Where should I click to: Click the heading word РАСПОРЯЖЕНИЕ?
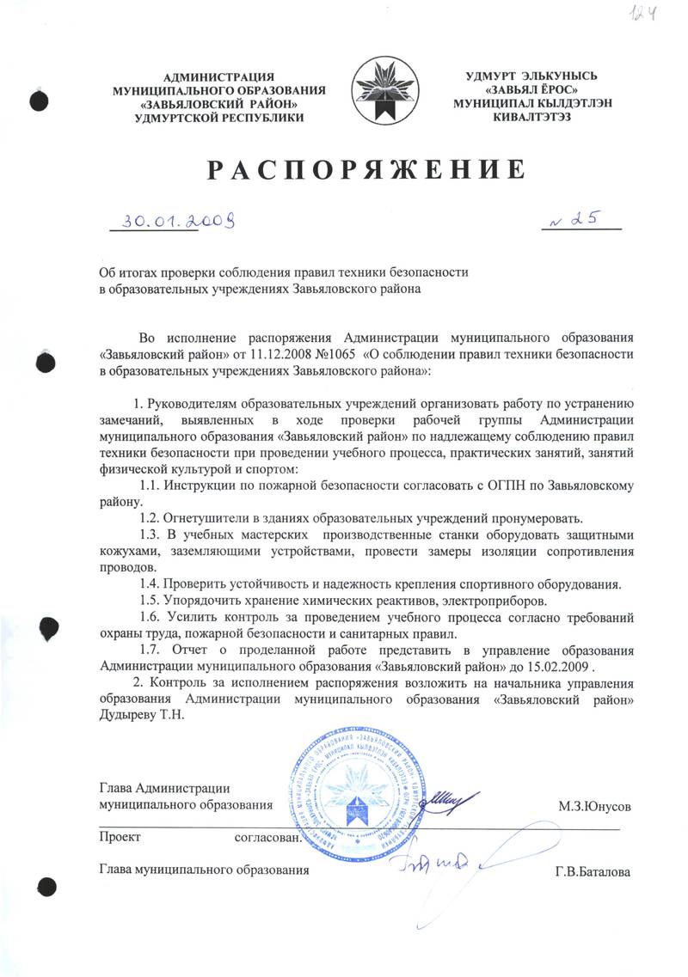(365, 169)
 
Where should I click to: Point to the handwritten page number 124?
(658, 15)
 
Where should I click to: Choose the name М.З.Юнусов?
(595, 808)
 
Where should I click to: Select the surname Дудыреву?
(130, 717)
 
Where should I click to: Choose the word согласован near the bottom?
(267, 836)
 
